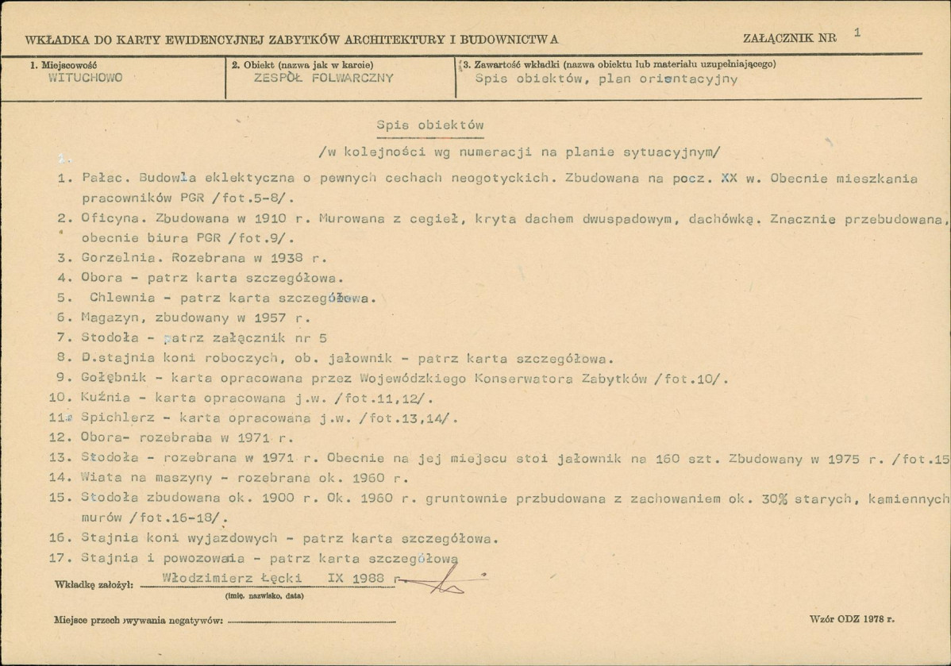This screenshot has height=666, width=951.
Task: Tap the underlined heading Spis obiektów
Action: pos(429,126)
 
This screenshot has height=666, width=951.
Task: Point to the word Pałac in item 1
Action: pos(100,179)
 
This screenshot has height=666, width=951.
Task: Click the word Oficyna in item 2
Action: pos(107,218)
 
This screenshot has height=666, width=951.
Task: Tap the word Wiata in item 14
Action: pos(97,478)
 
